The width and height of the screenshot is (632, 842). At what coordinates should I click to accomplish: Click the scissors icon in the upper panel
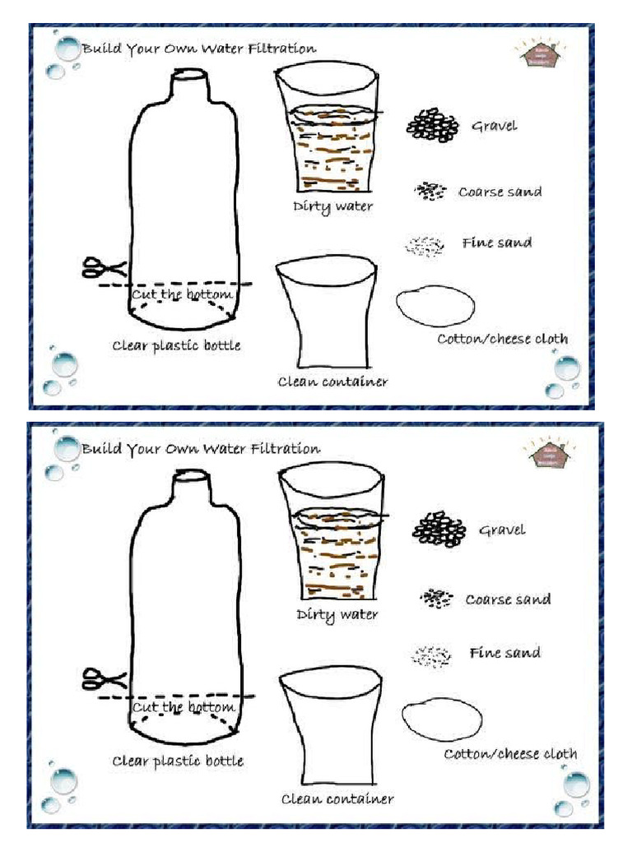pos(103,268)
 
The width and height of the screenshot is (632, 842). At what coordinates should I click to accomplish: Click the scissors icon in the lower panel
pos(103,680)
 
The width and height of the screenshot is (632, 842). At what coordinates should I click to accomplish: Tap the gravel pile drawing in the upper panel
pos(433,126)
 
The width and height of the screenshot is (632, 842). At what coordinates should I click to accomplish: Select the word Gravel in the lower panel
pos(502,530)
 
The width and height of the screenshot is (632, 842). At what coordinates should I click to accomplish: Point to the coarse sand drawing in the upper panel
pos(429,191)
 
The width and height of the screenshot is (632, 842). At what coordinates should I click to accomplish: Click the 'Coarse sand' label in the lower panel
pos(508,599)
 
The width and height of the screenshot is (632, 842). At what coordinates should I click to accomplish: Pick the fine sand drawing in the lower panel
pos(432,655)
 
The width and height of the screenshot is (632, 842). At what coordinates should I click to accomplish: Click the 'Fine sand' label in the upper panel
pos(496,243)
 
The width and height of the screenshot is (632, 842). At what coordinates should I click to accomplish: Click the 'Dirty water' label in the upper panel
pos(332,206)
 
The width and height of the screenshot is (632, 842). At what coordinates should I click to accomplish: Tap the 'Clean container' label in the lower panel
pos(337,798)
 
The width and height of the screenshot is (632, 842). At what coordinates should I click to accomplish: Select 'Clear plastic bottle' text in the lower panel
pos(178,761)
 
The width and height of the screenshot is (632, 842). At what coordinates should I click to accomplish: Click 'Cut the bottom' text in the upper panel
pos(182,294)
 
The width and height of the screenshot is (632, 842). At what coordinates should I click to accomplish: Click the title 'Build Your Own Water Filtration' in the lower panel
pos(201,449)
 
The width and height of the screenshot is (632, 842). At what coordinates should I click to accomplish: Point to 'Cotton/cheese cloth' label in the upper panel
pos(502,339)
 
